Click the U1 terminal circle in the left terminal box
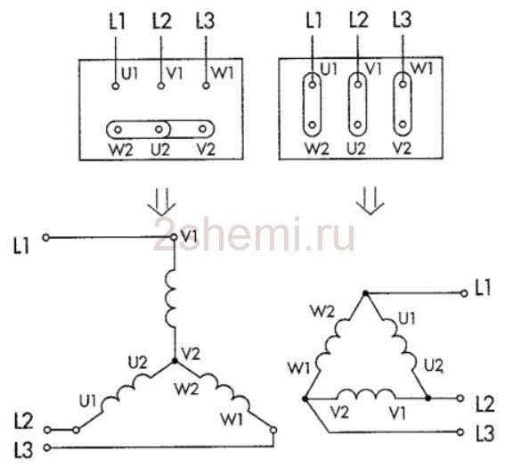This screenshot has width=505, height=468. (115, 86)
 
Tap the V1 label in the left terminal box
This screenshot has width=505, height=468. (175, 74)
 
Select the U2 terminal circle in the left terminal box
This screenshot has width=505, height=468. (159, 129)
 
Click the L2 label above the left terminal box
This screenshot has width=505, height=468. (162, 21)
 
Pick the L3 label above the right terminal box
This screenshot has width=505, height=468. (403, 19)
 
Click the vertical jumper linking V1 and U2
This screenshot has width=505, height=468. (357, 104)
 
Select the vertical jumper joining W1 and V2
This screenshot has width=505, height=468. (403, 104)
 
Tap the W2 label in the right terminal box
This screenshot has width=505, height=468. (317, 149)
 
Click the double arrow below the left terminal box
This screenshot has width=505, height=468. (162, 201)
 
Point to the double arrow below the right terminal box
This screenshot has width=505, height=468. (370, 201)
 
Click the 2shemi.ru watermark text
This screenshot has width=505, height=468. (254, 234)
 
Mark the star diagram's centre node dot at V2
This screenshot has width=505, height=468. (175, 361)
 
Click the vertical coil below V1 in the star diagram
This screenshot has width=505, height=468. (171, 300)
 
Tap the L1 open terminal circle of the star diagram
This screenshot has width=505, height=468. (46, 238)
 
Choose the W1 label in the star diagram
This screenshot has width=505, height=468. (232, 419)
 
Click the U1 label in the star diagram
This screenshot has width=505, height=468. (87, 401)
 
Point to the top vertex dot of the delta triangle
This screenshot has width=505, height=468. (365, 293)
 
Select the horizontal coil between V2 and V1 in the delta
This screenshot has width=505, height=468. (367, 394)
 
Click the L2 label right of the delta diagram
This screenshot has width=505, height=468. (485, 404)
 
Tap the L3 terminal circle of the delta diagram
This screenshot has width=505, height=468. (460, 432)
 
